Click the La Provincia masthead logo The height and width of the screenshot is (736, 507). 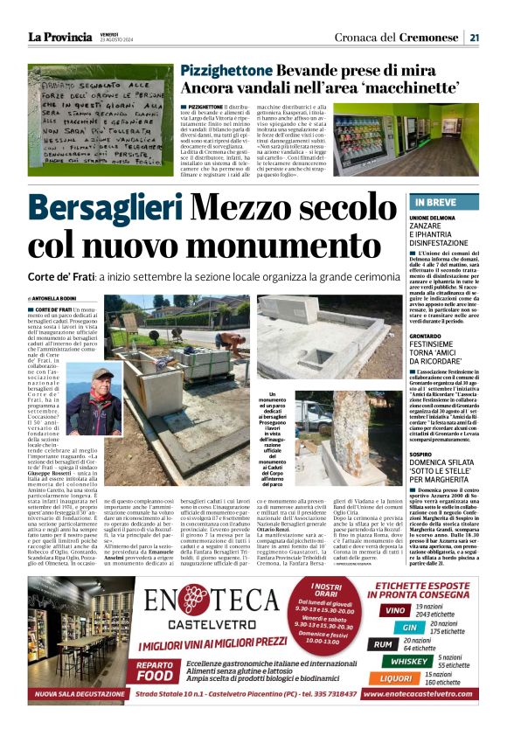59,37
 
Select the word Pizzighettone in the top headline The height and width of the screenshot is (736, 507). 228,71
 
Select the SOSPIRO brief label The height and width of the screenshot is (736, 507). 423,454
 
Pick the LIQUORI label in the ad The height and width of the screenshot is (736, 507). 397,678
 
